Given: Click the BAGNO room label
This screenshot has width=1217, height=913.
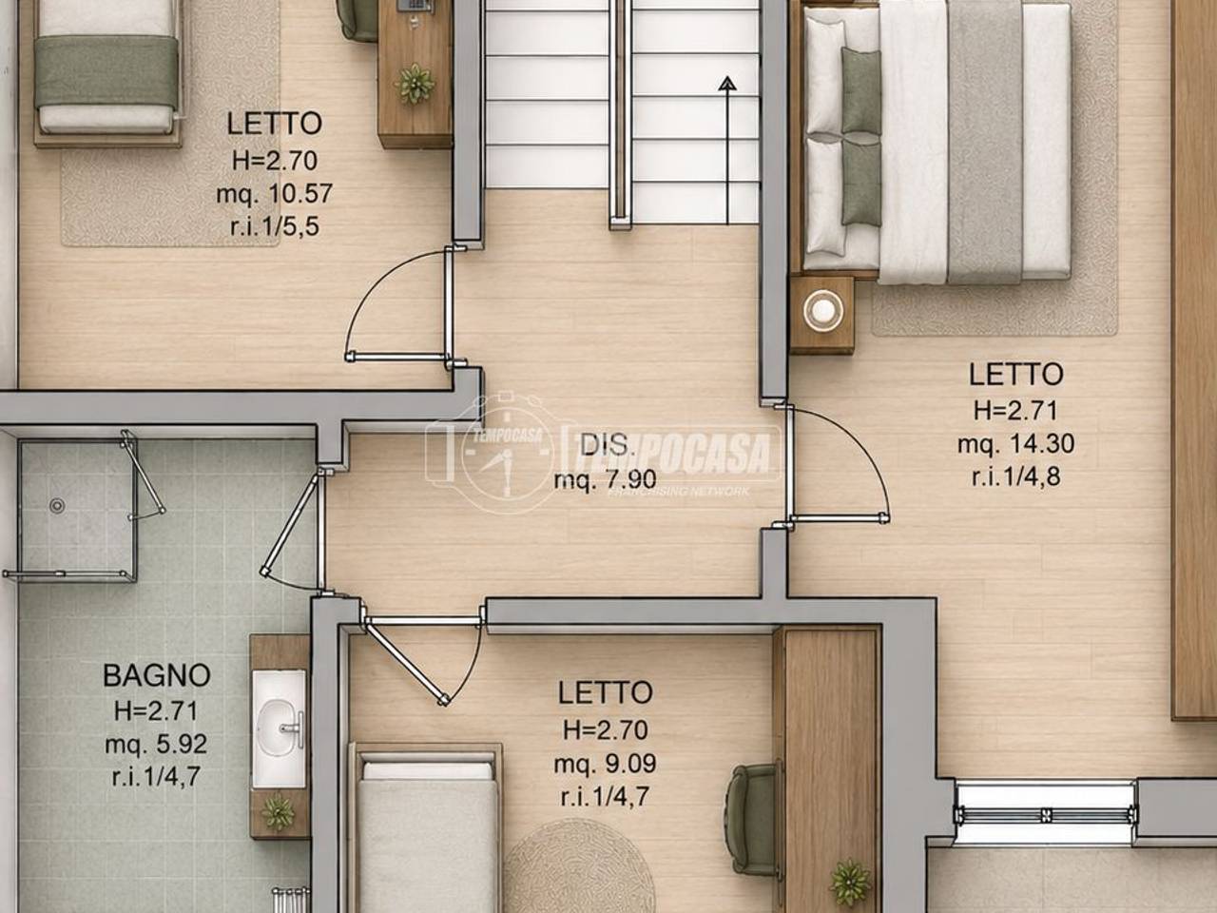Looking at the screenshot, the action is [x=157, y=675].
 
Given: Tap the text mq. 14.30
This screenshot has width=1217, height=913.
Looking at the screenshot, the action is [x=1015, y=444].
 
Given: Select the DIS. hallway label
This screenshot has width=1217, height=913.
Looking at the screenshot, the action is [x=606, y=444].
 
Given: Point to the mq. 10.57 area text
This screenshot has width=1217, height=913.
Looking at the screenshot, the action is [x=275, y=194].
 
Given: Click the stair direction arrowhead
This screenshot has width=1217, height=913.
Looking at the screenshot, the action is [x=727, y=84].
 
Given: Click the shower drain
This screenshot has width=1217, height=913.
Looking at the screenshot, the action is [x=56, y=505].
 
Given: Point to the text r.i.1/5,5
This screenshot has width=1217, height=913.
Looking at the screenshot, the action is [x=275, y=227].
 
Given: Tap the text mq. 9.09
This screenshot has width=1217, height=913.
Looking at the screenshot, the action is [x=605, y=764].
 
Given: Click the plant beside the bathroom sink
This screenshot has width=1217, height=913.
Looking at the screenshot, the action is [x=279, y=812].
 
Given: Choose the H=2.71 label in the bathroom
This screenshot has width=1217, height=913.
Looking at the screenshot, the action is [x=156, y=710].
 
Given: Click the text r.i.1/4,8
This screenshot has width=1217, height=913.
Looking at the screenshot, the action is [x=1016, y=477].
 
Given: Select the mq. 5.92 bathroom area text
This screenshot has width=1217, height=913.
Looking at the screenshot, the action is [x=156, y=744].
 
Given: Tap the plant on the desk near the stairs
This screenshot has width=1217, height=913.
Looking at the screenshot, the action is [x=415, y=84].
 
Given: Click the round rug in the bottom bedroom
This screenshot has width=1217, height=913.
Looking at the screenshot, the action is [x=580, y=868].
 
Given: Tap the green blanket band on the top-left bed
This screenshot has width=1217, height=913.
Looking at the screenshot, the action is [x=106, y=72].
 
